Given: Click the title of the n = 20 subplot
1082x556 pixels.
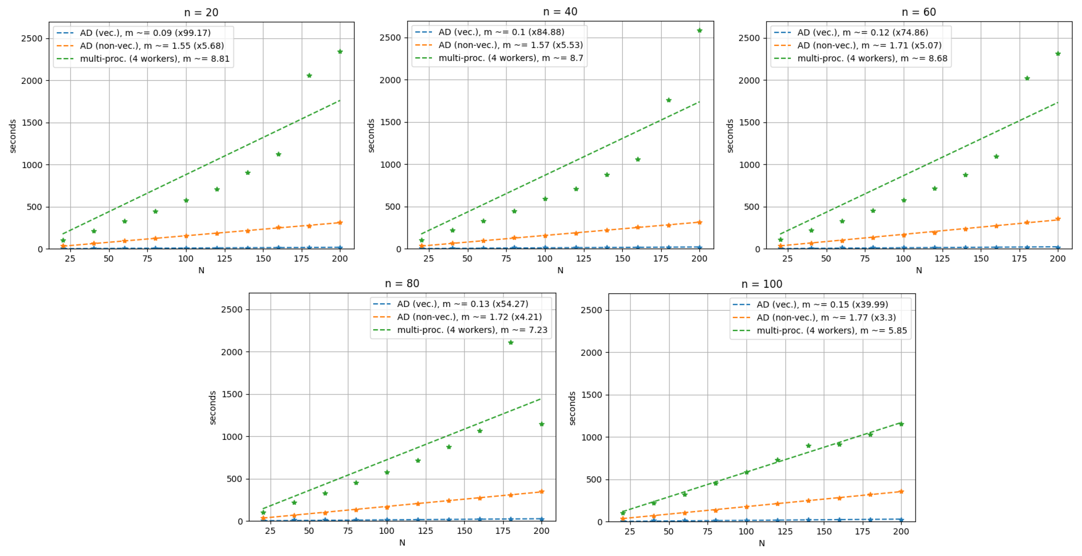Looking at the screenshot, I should [x=201, y=13].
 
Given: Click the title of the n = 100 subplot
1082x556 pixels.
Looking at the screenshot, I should [x=762, y=284].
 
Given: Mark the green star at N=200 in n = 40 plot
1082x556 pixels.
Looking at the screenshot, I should [x=699, y=31].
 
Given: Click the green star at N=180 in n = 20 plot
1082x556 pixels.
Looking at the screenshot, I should [x=309, y=75].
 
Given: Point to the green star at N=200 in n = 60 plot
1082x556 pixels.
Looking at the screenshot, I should [x=1057, y=54].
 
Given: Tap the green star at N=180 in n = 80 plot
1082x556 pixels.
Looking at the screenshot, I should [x=511, y=342].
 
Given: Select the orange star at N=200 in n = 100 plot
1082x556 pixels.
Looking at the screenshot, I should [x=901, y=491].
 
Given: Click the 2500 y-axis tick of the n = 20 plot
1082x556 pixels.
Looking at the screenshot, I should [x=32, y=39].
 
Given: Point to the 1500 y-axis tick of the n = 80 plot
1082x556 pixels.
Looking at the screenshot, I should [x=232, y=395].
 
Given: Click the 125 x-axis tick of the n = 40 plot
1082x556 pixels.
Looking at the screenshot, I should [x=583, y=258].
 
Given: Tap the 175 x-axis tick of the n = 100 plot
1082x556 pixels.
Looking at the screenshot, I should [x=862, y=531].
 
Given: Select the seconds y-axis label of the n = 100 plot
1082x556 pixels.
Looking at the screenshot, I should [x=572, y=408].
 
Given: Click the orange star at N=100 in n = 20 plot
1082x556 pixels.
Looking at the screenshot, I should [x=186, y=236].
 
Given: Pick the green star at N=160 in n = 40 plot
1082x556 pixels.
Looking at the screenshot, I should [x=638, y=159].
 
